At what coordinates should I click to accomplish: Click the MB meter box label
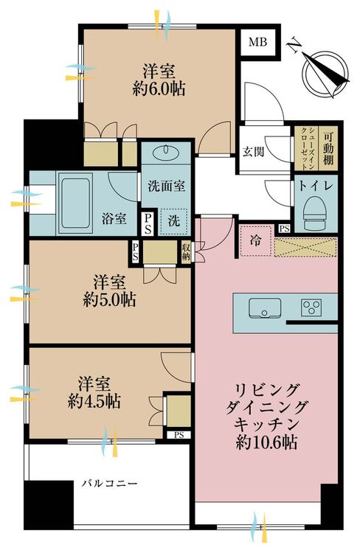point(257,42)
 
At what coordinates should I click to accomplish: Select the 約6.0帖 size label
point(159,89)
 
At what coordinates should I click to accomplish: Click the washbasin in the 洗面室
point(166,152)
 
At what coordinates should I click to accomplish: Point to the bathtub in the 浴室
point(75,203)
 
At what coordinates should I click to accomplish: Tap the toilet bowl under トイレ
point(314,211)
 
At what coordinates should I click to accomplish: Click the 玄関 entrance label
point(254,152)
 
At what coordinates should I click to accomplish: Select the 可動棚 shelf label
point(328,149)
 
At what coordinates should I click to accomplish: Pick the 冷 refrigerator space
point(255,240)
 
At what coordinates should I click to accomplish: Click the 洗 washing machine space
point(173,221)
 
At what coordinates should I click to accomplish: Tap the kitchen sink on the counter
point(265,309)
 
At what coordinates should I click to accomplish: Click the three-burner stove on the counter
point(311,307)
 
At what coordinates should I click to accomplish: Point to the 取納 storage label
point(186,251)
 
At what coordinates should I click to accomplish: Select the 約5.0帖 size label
point(109,300)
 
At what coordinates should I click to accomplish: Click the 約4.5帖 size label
point(94,401)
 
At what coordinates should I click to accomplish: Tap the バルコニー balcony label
point(109,483)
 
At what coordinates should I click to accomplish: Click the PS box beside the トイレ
point(284,229)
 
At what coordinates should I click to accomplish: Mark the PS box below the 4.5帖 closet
point(179,435)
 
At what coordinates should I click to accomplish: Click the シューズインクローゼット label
point(306,149)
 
